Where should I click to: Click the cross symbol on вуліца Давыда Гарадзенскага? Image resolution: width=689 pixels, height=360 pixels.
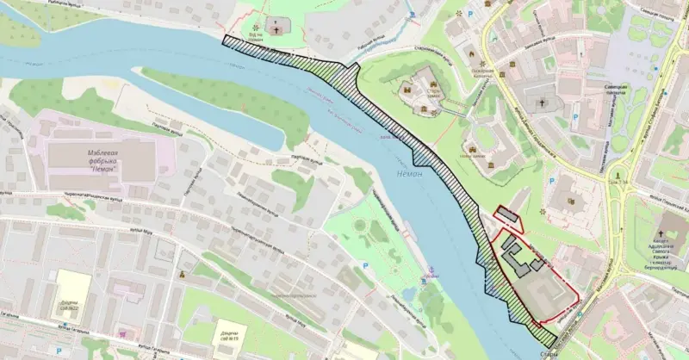[x=543, y=103]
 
